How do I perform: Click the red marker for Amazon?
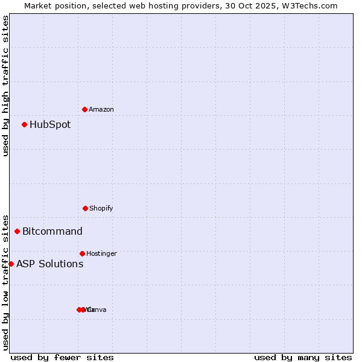(84, 109)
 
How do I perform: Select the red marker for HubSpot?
(24, 124)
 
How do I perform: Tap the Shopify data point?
(85, 208)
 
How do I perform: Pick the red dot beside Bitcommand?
(17, 231)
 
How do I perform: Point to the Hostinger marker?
(82, 253)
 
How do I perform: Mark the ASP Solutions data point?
(11, 264)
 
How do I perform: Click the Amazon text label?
(101, 109)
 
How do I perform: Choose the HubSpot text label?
(50, 125)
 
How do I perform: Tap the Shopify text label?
(101, 208)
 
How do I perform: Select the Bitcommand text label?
(52, 231)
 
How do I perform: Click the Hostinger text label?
(101, 253)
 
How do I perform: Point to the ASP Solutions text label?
(50, 264)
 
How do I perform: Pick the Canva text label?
(98, 310)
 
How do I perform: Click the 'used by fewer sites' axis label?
(62, 357)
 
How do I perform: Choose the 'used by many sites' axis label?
(303, 357)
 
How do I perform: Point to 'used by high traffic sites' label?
(5, 86)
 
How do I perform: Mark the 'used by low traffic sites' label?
(5, 282)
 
